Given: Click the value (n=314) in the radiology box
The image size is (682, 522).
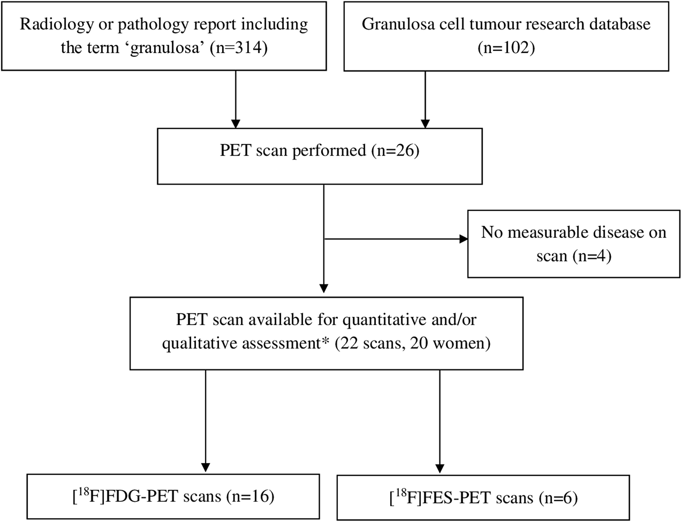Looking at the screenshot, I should (x=239, y=47).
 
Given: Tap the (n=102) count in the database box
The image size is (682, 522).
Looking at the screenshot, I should (x=506, y=47).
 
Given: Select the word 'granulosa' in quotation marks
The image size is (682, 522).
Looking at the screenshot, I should (x=165, y=47).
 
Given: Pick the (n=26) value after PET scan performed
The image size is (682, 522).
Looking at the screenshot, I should (x=396, y=151).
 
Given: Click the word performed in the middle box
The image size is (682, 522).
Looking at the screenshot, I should (x=329, y=151).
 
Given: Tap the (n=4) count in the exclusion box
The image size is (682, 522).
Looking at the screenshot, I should (x=592, y=256).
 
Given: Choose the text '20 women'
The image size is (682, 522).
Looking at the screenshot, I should (x=447, y=343).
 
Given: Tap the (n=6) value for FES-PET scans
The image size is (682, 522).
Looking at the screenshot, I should (x=558, y=498).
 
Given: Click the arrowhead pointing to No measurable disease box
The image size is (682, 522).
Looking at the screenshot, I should (x=463, y=239).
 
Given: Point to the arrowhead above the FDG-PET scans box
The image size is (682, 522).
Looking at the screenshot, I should (x=206, y=467).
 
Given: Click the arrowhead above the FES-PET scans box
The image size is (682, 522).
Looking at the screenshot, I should (x=440, y=468).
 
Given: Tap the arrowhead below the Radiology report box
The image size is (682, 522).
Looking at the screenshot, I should (x=236, y=123).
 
